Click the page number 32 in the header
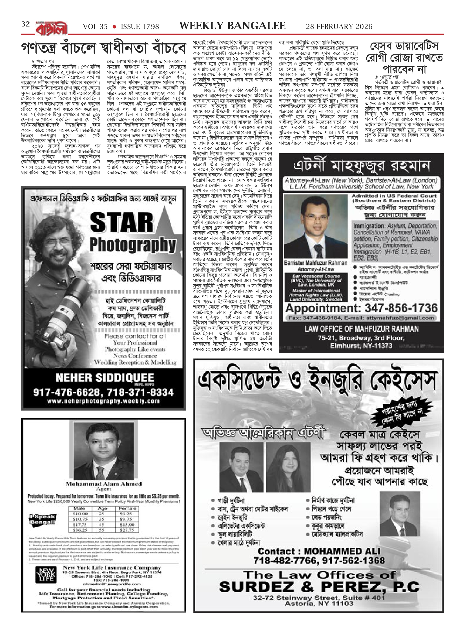[x=26, y=25]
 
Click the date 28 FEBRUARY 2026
[x=339, y=26]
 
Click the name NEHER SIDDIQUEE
[x=105, y=378]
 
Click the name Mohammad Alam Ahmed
[x=103, y=484]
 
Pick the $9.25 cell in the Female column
[x=128, y=514]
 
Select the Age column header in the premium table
[x=102, y=508]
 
